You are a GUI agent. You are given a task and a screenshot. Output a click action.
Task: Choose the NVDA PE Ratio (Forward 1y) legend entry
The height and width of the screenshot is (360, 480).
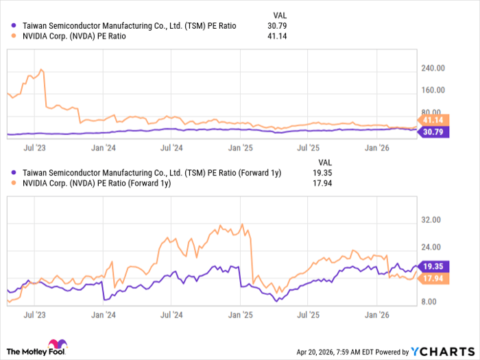tap(96, 184)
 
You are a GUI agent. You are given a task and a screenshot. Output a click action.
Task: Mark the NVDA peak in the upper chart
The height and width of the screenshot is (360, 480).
tap(42, 69)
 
